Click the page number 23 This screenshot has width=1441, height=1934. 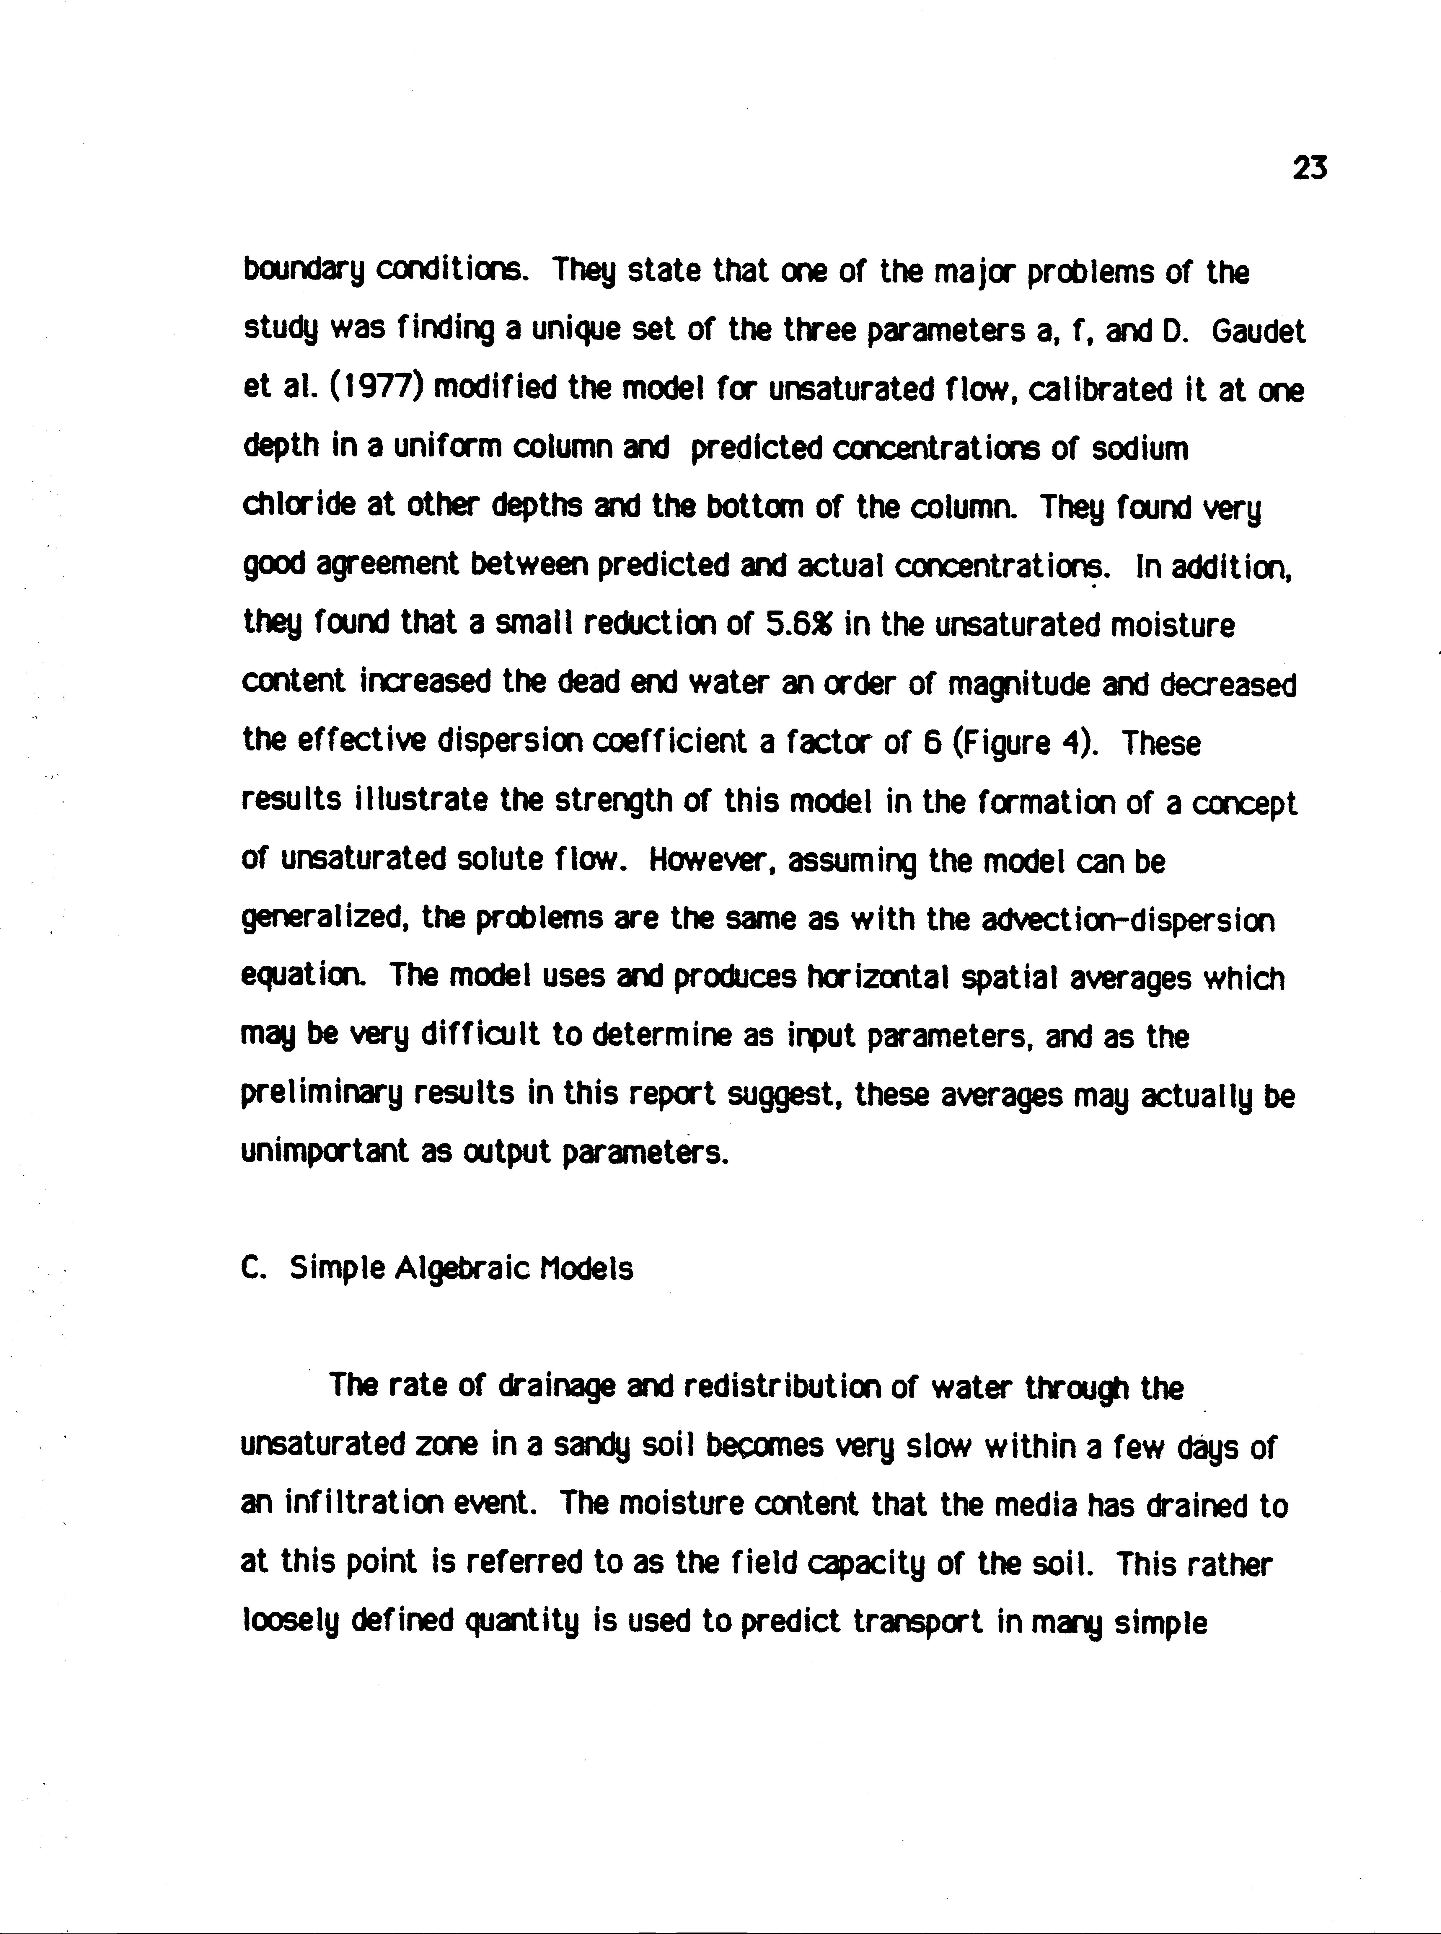pyautogui.click(x=1309, y=167)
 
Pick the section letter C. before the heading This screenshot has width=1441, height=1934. pyautogui.click(x=253, y=1269)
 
